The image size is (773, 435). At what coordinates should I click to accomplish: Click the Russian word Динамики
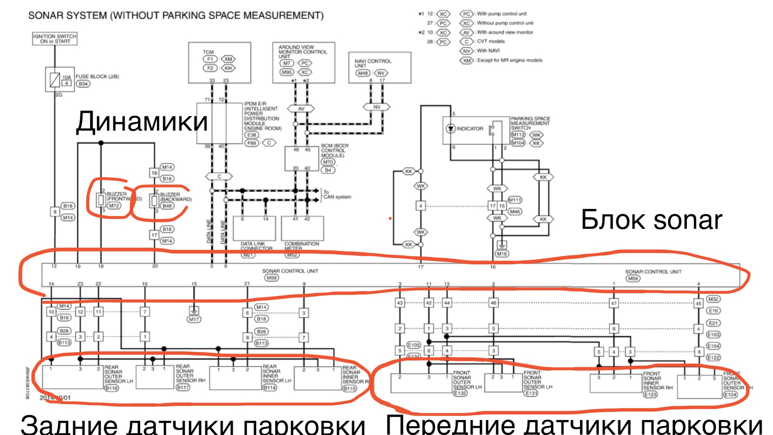(142, 122)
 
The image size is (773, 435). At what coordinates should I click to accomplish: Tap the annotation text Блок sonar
(651, 220)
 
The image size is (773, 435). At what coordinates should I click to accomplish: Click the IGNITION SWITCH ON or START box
(55, 39)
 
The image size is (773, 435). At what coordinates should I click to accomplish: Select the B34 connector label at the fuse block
(83, 84)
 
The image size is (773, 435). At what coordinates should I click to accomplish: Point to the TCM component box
(219, 62)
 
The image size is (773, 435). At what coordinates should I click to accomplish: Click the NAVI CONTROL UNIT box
(380, 67)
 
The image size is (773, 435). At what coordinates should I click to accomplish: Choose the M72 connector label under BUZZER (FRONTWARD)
(114, 206)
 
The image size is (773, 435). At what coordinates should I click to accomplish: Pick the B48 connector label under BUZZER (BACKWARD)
(167, 206)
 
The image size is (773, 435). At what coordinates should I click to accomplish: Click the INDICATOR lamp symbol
(451, 129)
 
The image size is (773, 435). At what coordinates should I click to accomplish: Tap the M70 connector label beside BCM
(328, 162)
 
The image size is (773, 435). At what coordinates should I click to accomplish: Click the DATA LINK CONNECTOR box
(254, 228)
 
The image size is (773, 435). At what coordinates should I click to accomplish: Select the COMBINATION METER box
(302, 228)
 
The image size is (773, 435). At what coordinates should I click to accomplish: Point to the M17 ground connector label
(194, 319)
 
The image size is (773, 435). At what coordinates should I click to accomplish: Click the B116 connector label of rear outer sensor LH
(112, 388)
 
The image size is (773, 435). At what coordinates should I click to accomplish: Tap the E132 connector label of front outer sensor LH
(460, 393)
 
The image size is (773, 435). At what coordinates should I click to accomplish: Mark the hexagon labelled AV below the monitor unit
(301, 109)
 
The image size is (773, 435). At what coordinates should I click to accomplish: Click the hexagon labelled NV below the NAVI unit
(376, 107)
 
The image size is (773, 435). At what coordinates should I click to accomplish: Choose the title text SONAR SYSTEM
(176, 16)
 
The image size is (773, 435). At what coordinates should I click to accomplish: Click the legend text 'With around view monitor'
(505, 32)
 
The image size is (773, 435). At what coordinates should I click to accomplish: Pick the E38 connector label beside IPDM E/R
(252, 135)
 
